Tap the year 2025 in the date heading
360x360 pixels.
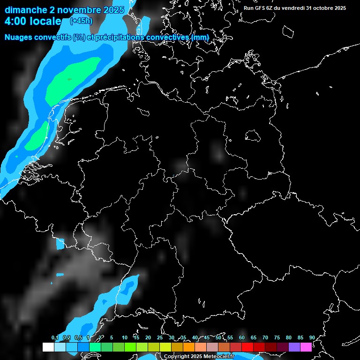[112, 9]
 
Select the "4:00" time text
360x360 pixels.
[16, 21]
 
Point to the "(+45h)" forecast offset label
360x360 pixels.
[81, 21]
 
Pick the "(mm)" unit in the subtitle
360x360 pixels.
[200, 37]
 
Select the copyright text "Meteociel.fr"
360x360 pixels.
[215, 357]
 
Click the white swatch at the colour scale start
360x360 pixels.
[48, 347]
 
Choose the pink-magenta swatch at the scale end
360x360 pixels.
[306, 347]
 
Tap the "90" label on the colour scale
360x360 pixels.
[312, 337]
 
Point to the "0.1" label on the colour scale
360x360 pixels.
[54, 337]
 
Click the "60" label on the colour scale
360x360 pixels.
[241, 337]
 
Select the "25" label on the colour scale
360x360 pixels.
[159, 337]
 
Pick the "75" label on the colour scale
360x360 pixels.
[277, 337]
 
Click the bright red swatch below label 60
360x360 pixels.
[247, 347]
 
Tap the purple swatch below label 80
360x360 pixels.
[294, 347]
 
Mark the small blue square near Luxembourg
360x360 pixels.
[60, 244]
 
